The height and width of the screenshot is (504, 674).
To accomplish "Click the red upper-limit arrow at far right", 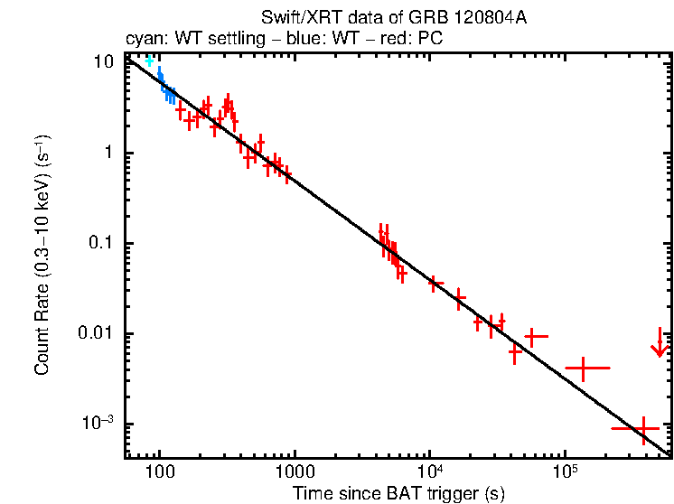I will coord(660,343).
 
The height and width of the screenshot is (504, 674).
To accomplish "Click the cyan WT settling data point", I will coord(150,61).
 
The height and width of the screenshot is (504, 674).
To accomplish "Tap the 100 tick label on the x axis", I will coord(159,471).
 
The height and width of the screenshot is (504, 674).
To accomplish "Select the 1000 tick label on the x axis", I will coord(293,471).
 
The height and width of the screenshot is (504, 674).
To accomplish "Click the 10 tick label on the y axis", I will coord(106,61).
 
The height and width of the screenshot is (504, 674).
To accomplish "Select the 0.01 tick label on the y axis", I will coord(98,333).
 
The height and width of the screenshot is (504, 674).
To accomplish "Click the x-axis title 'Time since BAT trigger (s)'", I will coord(398,493).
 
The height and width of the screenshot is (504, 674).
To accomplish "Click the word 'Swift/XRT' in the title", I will coord(295,17).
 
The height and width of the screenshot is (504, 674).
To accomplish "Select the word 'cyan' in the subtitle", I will coord(142,41).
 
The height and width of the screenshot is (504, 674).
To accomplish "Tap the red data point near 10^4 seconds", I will coord(435,284).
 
